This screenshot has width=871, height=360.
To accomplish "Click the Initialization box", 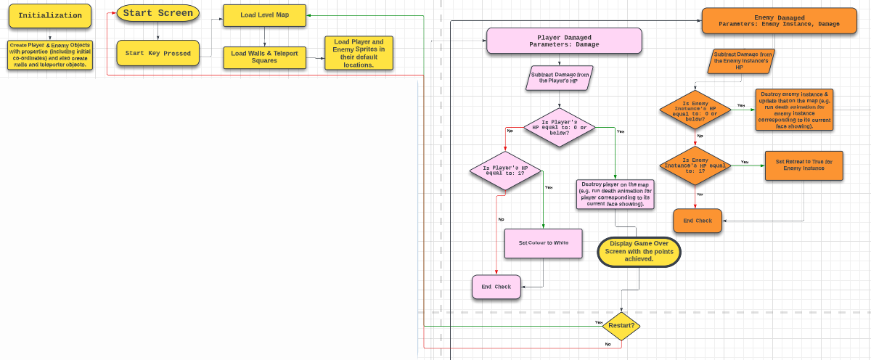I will (x=50, y=16).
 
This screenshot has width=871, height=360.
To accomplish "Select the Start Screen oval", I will (x=158, y=14).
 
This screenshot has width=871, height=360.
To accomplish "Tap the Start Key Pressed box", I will (x=158, y=53).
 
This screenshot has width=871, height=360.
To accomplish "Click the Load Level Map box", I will (x=264, y=15).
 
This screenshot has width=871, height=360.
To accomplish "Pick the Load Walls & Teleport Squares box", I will (x=264, y=57).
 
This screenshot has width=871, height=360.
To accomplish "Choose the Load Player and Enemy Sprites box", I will (x=359, y=53).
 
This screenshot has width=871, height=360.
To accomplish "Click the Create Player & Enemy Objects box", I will (x=50, y=54).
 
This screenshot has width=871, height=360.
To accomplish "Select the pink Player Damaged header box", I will (x=564, y=41).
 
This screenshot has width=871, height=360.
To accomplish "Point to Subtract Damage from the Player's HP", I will (x=559, y=78).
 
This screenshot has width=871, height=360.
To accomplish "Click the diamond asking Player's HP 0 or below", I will (x=559, y=128).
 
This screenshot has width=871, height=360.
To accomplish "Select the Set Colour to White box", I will (x=544, y=243).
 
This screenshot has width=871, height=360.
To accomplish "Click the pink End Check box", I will (x=496, y=287).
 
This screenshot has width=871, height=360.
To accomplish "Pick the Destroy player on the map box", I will (x=616, y=194).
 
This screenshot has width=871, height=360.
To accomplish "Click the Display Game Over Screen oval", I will (x=639, y=251).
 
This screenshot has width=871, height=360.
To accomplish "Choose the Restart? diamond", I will (x=621, y=326).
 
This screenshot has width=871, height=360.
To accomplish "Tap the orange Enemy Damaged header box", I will (x=779, y=20).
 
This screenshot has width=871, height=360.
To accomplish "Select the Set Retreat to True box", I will (x=803, y=165).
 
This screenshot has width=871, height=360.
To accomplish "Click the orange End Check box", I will (x=698, y=221).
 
